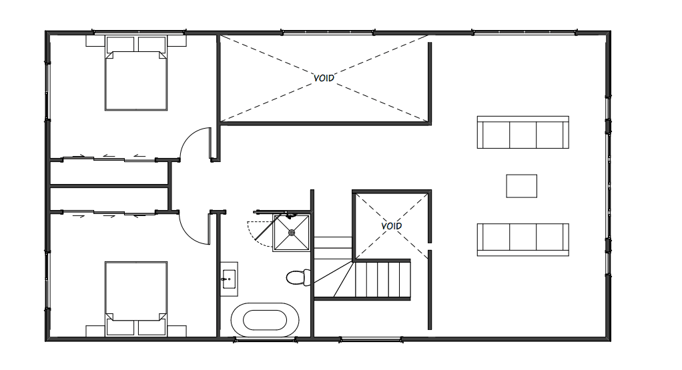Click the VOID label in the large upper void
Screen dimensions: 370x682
click(324, 78)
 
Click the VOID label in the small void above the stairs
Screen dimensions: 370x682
click(392, 226)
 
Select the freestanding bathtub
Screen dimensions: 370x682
click(265, 319)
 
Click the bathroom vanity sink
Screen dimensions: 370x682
click(229, 277)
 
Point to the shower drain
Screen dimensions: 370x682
click(292, 233)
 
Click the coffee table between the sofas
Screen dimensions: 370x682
click(521, 186)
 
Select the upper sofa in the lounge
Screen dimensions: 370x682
click(523, 133)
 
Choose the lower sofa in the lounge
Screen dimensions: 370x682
click(523, 239)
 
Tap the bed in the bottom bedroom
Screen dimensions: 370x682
click(135, 293)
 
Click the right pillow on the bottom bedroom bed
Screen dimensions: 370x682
click(151, 327)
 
